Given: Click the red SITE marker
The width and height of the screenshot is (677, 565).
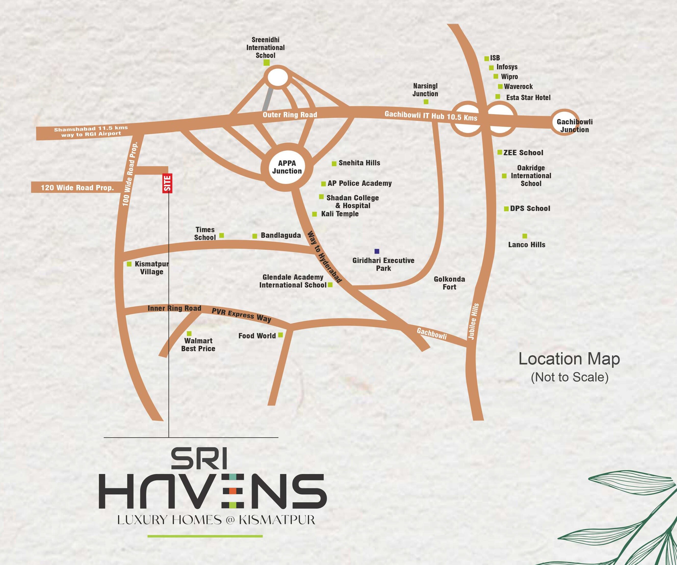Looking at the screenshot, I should pos(167,183).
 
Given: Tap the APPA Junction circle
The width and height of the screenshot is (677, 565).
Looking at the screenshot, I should pos(287,167).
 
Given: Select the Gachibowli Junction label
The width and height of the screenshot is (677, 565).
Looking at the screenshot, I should pos(574,126).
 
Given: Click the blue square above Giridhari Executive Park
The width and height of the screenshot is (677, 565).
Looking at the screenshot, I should pos(377,251).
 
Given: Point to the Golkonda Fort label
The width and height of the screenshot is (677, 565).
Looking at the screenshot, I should pos(449,283).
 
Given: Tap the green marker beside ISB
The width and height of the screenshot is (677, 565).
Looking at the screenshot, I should pos(487,59).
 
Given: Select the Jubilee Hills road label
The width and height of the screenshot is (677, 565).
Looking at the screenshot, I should pos(473,321).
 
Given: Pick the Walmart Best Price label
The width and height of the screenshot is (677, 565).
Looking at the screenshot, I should pos(198,344).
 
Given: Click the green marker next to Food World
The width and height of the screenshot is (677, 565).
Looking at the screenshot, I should pos(280,335).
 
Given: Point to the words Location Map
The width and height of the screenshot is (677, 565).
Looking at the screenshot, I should pos(569,359).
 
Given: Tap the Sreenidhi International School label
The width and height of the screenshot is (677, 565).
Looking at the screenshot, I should pos(265,47).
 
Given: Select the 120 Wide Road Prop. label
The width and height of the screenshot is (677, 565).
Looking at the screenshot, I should pos(77,188).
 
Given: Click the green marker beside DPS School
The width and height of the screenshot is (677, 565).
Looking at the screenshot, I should pos(506,209).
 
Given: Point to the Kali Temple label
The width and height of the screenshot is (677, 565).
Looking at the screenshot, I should pos(340,214).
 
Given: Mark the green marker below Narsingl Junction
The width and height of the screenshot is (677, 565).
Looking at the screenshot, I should pos(426,102).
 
